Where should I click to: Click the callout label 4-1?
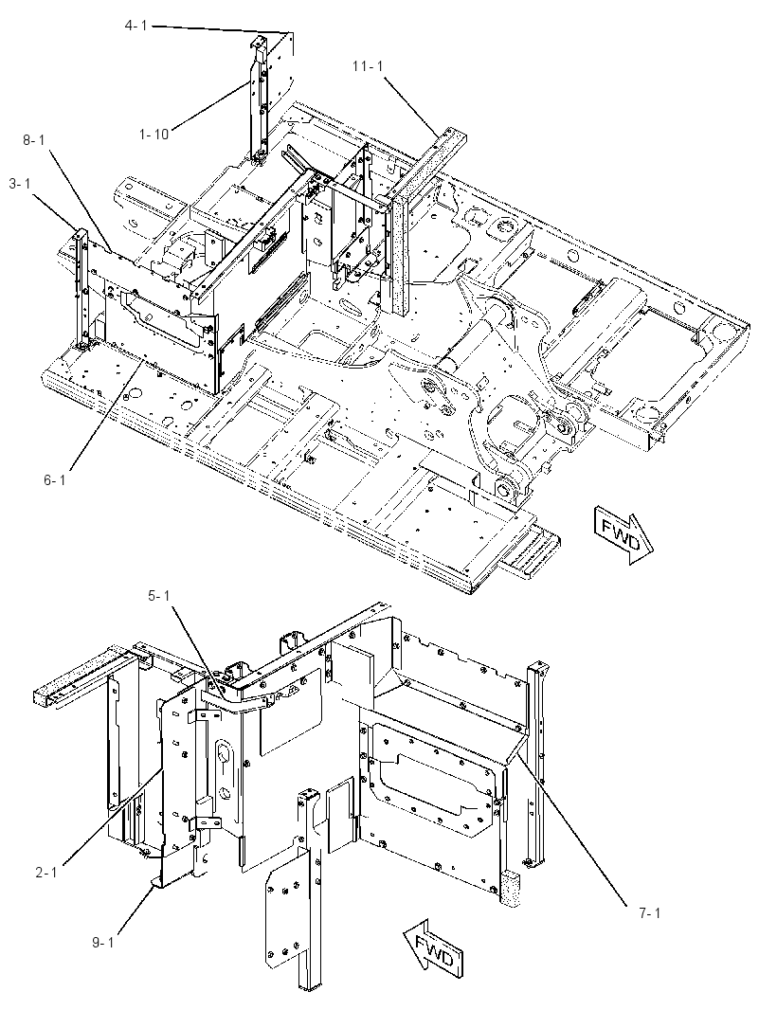point(136,26)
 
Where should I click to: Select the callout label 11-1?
point(368,65)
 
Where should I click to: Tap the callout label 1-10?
point(154,134)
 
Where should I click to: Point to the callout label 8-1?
point(34,139)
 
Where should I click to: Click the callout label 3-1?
point(20,184)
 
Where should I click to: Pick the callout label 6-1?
point(55,479)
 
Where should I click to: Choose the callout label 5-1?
point(159,596)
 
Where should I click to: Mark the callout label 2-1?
point(46,873)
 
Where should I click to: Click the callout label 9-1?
point(102,943)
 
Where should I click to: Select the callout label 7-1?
point(649,912)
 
